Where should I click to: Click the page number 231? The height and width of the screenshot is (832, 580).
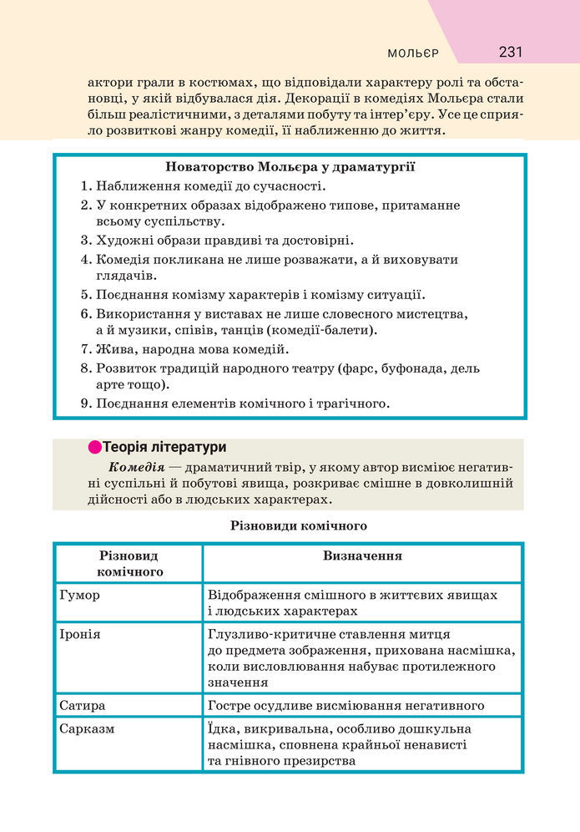pyautogui.click(x=510, y=52)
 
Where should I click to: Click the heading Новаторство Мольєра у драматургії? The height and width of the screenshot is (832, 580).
pyautogui.click(x=290, y=167)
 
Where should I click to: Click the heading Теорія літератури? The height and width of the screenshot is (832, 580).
pyautogui.click(x=164, y=448)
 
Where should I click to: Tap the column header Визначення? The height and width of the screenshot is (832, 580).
pyautogui.click(x=362, y=556)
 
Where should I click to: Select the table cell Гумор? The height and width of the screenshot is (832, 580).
pyautogui.click(x=80, y=595)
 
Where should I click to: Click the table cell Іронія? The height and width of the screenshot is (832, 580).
pyautogui.click(x=80, y=634)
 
